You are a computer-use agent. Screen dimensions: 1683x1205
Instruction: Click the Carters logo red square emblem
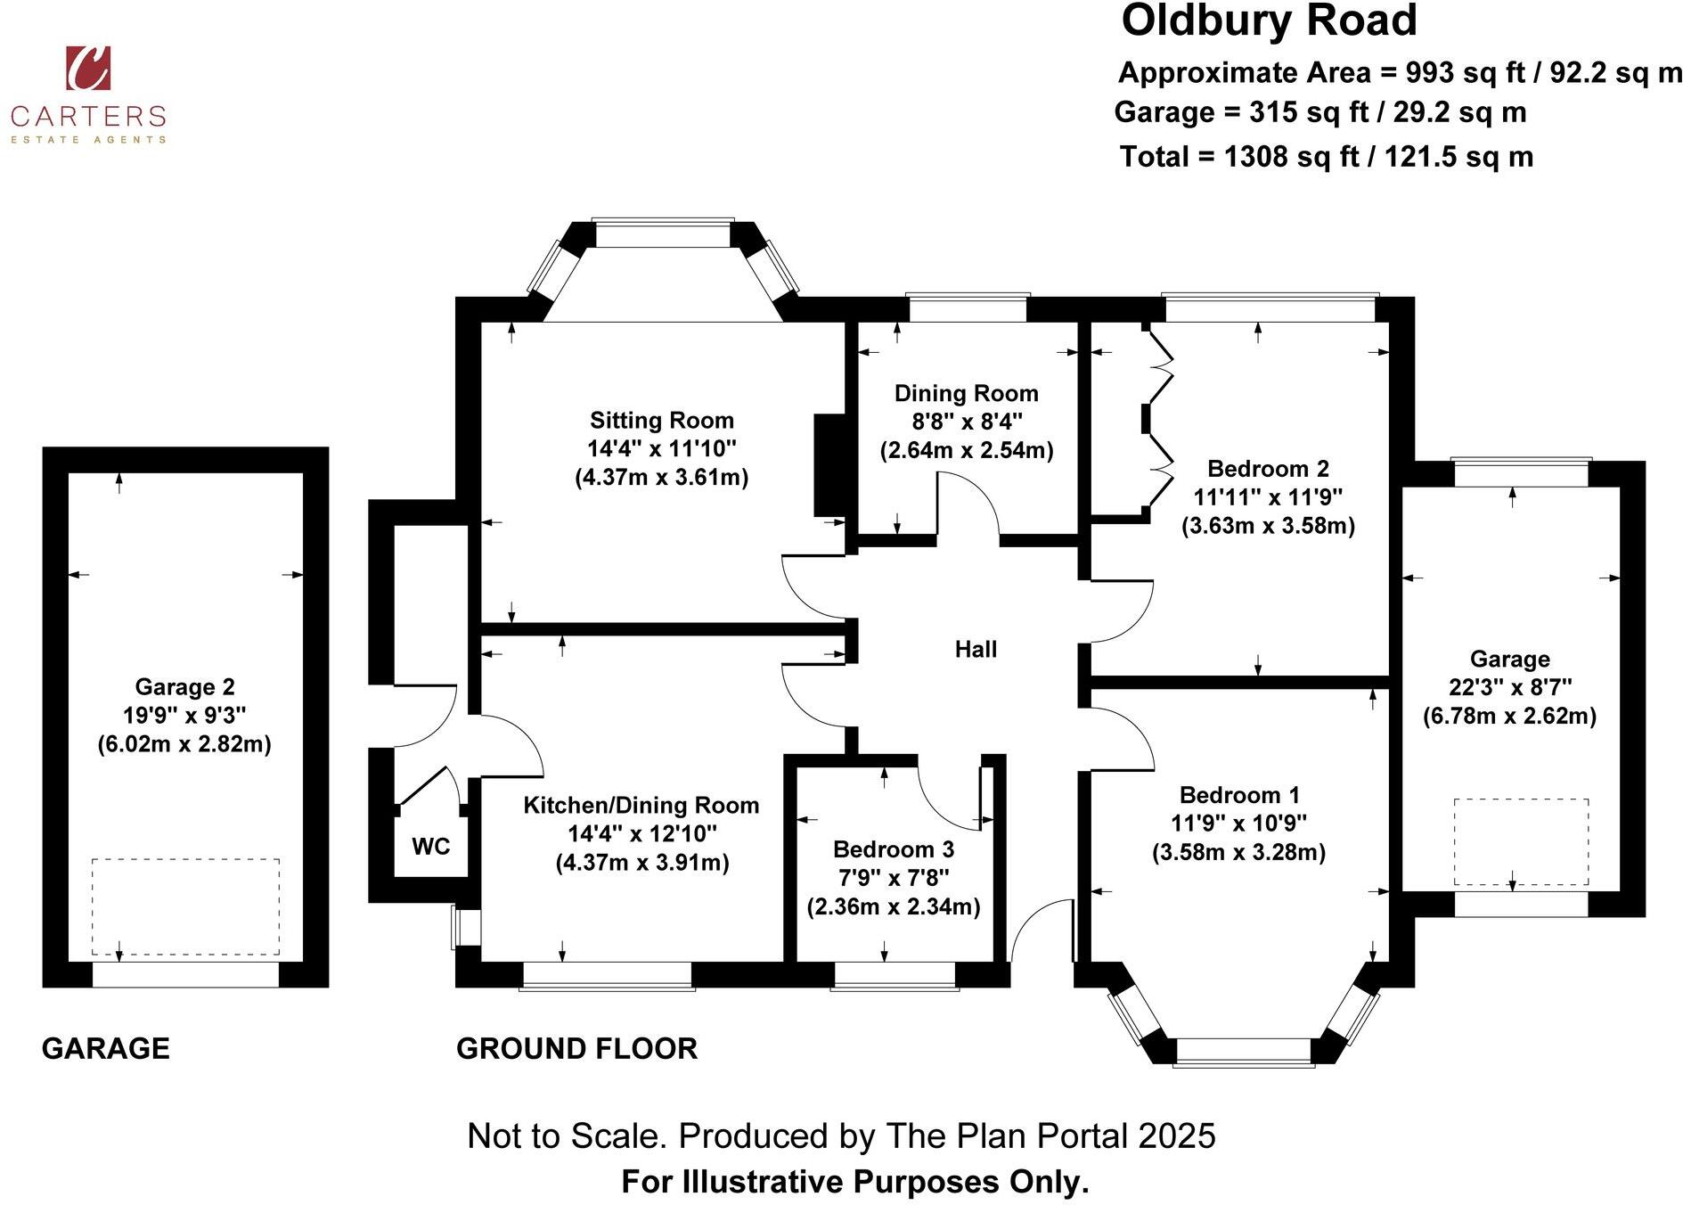click(88, 68)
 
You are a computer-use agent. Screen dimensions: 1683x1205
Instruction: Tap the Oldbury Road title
click(1268, 21)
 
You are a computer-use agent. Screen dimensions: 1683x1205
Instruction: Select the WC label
click(430, 847)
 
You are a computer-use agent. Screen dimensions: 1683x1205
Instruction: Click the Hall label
click(976, 650)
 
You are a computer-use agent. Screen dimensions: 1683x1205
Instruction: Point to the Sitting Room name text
click(661, 421)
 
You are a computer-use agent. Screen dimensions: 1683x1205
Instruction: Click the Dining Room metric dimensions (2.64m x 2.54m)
click(967, 450)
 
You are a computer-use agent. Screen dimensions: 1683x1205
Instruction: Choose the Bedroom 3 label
click(893, 849)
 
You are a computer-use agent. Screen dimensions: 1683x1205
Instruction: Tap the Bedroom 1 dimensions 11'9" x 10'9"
click(1238, 824)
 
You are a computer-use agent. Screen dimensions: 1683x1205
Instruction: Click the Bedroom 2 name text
click(1268, 469)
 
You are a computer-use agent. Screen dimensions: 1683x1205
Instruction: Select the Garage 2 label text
click(184, 687)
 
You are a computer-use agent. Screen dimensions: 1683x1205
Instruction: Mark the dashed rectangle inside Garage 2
click(185, 906)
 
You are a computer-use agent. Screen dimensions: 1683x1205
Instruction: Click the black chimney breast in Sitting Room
click(829, 464)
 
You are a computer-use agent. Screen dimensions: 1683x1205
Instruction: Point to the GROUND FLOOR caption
click(576, 1049)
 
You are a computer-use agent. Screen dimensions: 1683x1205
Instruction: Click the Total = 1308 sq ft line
click(1326, 157)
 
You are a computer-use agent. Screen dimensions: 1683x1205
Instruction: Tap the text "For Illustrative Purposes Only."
click(854, 1182)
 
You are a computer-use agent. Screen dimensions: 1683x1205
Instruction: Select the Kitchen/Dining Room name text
click(641, 806)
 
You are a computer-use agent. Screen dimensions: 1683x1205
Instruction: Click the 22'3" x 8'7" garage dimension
click(1509, 687)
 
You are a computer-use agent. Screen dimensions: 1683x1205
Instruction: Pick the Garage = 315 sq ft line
click(1319, 113)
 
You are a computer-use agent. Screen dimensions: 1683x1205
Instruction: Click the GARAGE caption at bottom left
click(105, 1049)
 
